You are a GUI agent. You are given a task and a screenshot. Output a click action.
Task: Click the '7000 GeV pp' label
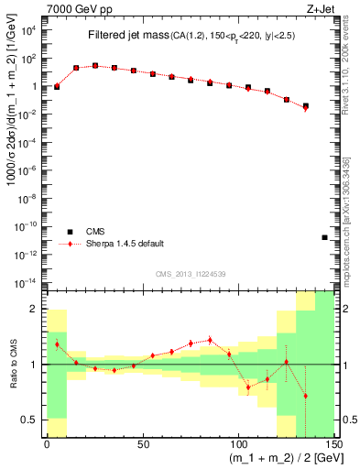point(76,7)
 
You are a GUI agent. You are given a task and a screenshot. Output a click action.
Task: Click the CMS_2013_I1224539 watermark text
point(191,273)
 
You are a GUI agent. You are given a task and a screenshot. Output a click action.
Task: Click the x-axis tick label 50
point(142,445)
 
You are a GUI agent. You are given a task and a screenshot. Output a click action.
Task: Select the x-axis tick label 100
point(238,445)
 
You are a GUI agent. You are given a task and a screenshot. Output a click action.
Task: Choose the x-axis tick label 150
point(333,445)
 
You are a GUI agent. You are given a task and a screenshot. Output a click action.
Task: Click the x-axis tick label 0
point(47,445)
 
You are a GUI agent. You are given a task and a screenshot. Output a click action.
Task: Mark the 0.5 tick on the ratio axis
point(33,420)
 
